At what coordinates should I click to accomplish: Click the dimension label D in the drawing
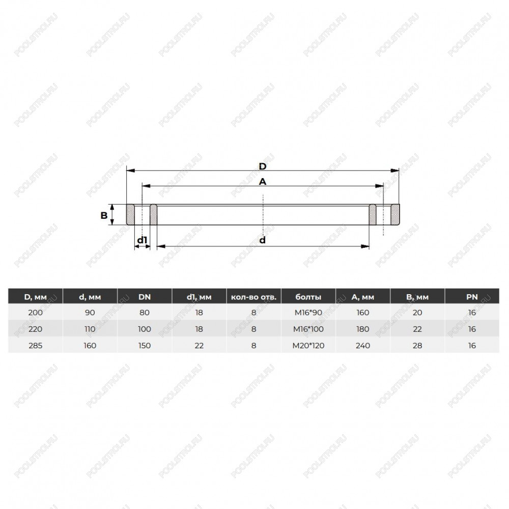(262, 166)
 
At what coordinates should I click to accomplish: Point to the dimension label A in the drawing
(262, 182)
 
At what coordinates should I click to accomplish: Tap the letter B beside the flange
(104, 215)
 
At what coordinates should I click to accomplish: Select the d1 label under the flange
(142, 240)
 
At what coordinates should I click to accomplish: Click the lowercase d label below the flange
(262, 240)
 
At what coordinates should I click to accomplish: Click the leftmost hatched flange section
(130, 215)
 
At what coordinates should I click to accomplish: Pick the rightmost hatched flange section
(395, 215)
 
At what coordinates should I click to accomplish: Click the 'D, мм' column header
(36, 297)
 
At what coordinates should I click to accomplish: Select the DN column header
(145, 297)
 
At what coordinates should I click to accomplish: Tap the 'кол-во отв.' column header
(253, 297)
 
